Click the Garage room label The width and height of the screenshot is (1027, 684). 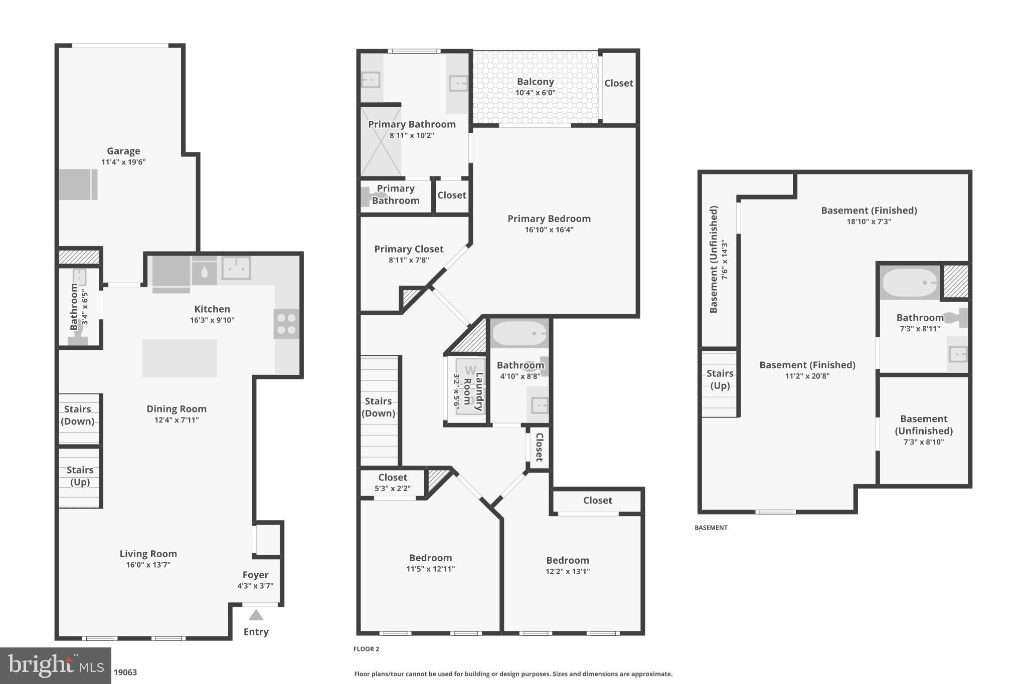[x=123, y=151]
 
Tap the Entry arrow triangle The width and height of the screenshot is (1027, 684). [x=256, y=615]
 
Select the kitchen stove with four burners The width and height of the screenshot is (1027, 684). [x=286, y=324]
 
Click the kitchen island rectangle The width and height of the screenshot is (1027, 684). [x=180, y=358]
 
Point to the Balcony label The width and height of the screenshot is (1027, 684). [x=535, y=82]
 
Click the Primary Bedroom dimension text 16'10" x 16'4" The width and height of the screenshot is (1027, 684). [x=549, y=230]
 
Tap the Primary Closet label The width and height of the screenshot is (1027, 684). [x=409, y=249]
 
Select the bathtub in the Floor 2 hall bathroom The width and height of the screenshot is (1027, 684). [x=519, y=334]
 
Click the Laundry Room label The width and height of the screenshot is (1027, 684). [x=473, y=391]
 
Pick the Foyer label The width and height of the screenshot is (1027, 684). [x=255, y=575]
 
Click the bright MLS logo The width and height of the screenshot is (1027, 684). [x=56, y=665]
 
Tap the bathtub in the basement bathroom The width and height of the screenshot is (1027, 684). [x=909, y=283]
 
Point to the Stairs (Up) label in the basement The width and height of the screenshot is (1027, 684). [x=720, y=379]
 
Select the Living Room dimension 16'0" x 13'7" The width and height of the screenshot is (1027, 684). [x=148, y=565]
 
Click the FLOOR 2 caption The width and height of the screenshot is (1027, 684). [x=366, y=649]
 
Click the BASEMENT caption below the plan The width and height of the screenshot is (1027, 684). [x=711, y=528]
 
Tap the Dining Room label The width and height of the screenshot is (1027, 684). [x=177, y=409]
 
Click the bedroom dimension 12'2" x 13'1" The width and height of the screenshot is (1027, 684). [x=567, y=572]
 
